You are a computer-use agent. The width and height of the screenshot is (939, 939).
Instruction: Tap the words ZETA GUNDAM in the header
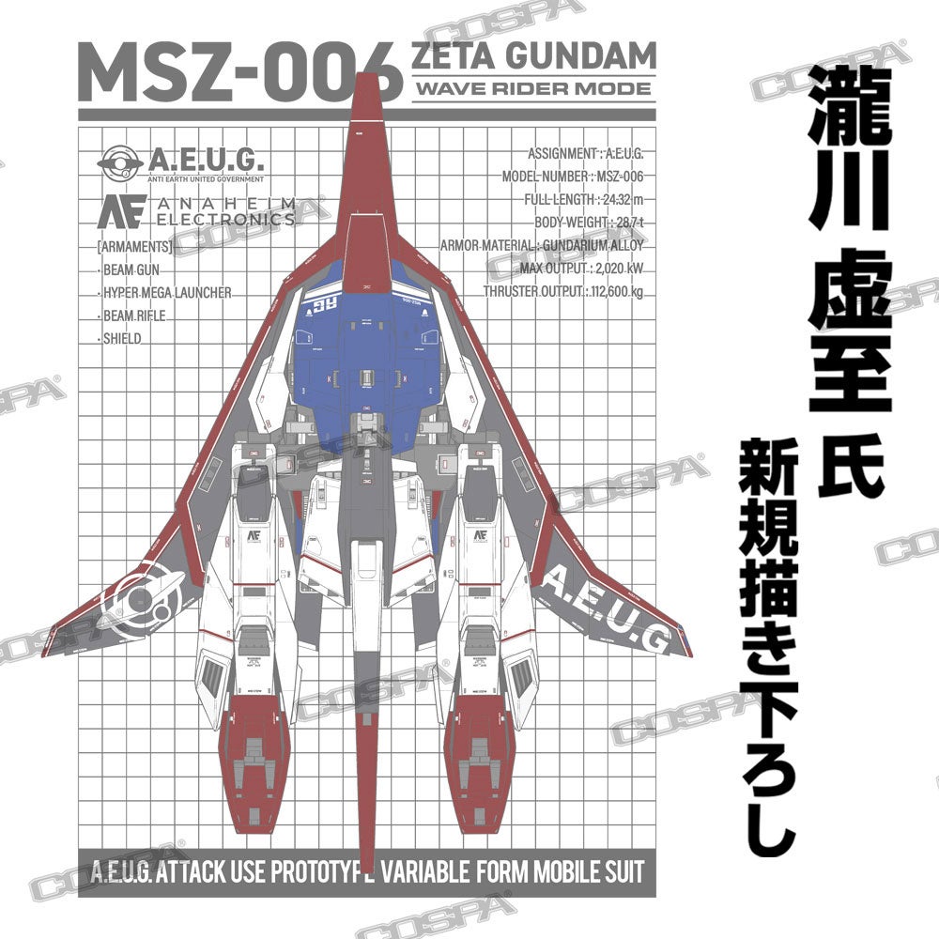click(533, 57)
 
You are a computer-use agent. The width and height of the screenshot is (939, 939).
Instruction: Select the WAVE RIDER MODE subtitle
click(532, 89)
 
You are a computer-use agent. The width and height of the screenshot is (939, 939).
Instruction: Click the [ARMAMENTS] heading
click(134, 248)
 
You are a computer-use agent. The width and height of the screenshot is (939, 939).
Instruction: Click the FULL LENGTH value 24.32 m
click(620, 199)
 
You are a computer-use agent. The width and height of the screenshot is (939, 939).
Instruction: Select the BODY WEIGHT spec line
click(589, 223)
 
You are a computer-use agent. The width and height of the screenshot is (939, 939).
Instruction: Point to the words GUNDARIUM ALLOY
click(593, 246)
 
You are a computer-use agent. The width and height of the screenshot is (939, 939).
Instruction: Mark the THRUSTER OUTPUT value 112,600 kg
click(616, 291)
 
